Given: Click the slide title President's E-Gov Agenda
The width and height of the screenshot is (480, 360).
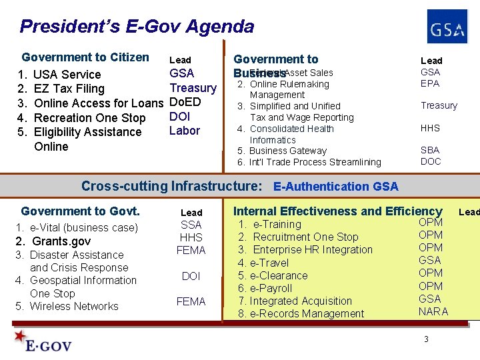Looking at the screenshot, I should tap(137, 27).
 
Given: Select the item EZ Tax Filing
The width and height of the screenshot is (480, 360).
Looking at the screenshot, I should tap(69, 89).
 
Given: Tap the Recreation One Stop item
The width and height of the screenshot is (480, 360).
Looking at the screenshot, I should tap(89, 118).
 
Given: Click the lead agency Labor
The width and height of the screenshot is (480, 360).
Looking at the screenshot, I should tap(185, 131).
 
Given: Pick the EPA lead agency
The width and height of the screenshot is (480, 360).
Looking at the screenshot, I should tap(430, 83).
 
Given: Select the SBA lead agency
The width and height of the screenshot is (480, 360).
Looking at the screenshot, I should tap(430, 150).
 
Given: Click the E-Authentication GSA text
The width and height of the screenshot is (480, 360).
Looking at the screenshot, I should tap(335, 187).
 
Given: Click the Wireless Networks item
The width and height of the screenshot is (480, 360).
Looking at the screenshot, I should tap(73, 306).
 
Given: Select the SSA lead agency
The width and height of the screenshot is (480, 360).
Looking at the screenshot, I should tap(191, 225).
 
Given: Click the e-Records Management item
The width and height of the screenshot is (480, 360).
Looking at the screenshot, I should tap(307, 313).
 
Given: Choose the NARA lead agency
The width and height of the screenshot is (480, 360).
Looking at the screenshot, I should tap(433, 311).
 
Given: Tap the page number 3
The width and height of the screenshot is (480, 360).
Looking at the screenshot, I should tap(426, 340).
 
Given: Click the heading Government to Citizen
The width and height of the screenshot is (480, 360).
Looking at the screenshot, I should tap(85, 57).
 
